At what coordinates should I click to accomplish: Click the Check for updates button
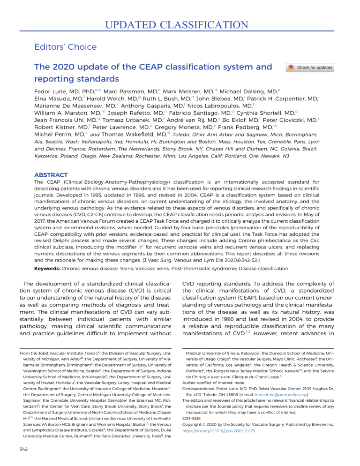click(310, 68)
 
